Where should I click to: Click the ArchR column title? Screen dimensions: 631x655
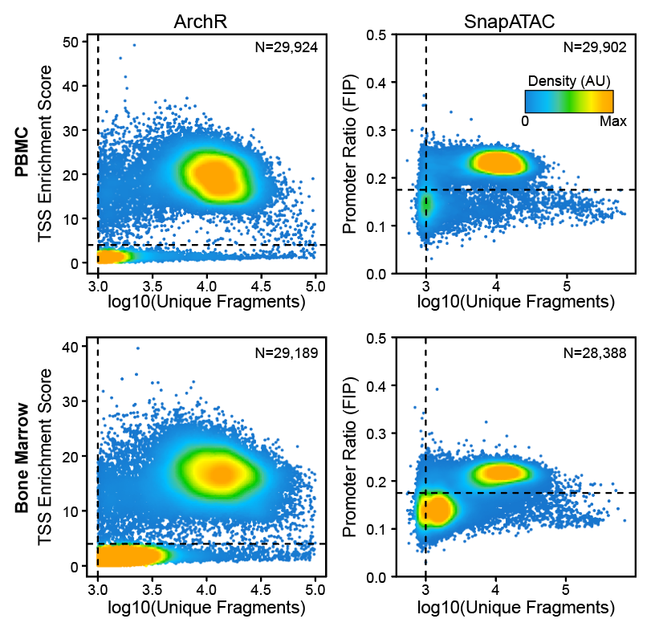[201, 22]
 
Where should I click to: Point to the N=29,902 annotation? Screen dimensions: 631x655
[594, 47]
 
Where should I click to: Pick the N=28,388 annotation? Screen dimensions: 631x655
[595, 352]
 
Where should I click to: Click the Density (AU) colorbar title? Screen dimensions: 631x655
[569, 81]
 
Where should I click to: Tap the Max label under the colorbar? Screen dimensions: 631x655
[613, 120]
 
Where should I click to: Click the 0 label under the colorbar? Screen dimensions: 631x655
[525, 120]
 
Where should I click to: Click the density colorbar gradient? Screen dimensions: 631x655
[569, 101]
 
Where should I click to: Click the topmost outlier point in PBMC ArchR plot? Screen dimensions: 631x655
[134, 45]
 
